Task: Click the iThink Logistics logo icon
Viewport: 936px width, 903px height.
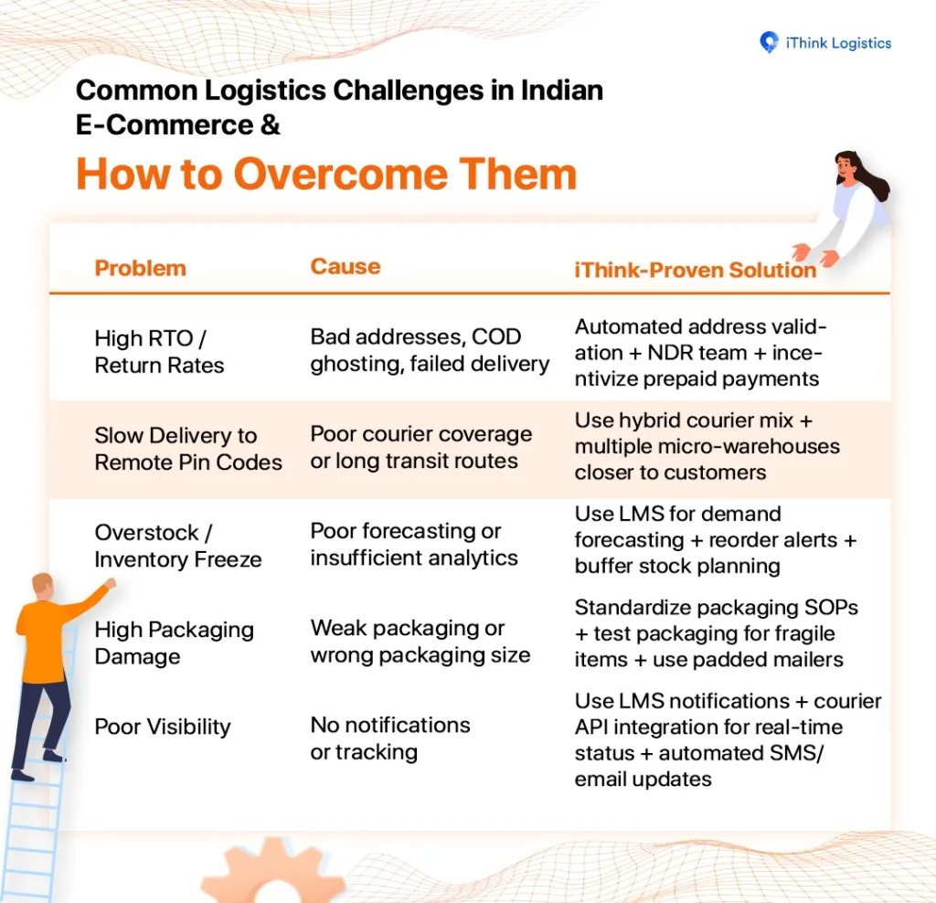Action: point(769,42)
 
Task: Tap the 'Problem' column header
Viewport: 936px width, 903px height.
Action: point(140,268)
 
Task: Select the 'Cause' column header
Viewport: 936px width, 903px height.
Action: point(345,266)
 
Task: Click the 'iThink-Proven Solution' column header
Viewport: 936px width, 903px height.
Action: point(695,270)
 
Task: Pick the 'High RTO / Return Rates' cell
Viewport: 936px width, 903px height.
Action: point(159,352)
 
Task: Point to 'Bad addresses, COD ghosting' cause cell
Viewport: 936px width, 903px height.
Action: point(430,350)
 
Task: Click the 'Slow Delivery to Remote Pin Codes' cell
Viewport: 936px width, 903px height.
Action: point(188,449)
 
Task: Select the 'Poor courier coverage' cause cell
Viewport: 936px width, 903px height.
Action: point(420,447)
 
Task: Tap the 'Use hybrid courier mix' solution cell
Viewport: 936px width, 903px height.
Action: point(707,446)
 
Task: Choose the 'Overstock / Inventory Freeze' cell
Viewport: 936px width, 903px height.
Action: point(178,546)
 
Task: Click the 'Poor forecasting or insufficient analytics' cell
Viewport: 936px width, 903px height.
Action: point(414,545)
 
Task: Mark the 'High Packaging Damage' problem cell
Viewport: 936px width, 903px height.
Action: point(174,643)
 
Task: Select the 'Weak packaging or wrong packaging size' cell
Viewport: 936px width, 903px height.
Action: point(420,641)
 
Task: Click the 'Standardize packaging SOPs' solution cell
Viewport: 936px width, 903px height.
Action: point(717,633)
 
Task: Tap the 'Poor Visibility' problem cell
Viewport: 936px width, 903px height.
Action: point(163,727)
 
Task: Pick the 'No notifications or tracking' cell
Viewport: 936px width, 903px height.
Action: point(389,738)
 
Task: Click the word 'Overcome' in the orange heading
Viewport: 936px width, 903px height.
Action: point(340,174)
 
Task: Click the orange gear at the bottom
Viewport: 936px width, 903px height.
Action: point(273,870)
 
